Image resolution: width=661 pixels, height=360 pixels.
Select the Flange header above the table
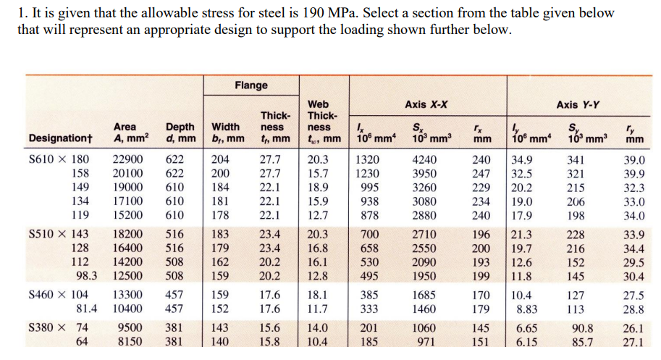click(x=250, y=85)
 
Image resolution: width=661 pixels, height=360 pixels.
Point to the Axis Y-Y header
click(x=577, y=104)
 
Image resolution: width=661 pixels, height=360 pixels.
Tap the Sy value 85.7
click(x=581, y=341)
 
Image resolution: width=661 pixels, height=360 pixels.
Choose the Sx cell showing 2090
click(x=424, y=261)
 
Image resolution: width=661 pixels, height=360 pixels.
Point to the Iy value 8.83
click(x=525, y=309)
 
